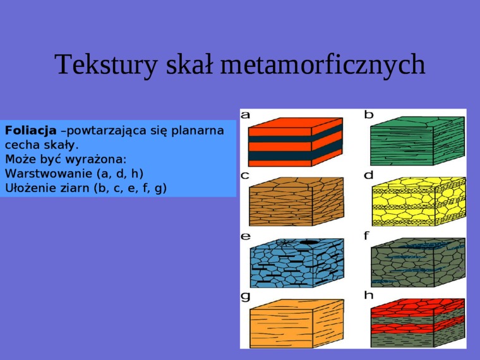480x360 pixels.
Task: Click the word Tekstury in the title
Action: tap(106, 65)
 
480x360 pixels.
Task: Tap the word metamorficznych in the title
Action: tap(323, 65)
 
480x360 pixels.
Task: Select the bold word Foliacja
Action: tap(30, 130)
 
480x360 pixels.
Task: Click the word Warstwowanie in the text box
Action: tap(49, 174)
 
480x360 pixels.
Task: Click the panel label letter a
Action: tap(246, 115)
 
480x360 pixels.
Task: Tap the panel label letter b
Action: tap(369, 114)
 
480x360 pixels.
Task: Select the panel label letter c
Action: tap(245, 176)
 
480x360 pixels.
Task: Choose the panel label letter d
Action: tap(369, 175)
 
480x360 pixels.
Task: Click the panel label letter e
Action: tap(246, 236)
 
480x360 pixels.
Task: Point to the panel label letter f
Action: tap(367, 236)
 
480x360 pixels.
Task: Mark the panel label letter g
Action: tap(246, 297)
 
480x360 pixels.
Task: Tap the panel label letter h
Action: tap(369, 295)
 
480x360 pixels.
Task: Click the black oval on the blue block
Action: tap(309, 242)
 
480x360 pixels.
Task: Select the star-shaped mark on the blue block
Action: tap(285, 243)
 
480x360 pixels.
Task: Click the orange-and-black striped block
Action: tap(296, 141)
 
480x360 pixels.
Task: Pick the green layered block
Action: tap(417, 141)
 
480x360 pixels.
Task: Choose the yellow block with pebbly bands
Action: tap(419, 201)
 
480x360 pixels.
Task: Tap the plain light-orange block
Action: tap(296, 323)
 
